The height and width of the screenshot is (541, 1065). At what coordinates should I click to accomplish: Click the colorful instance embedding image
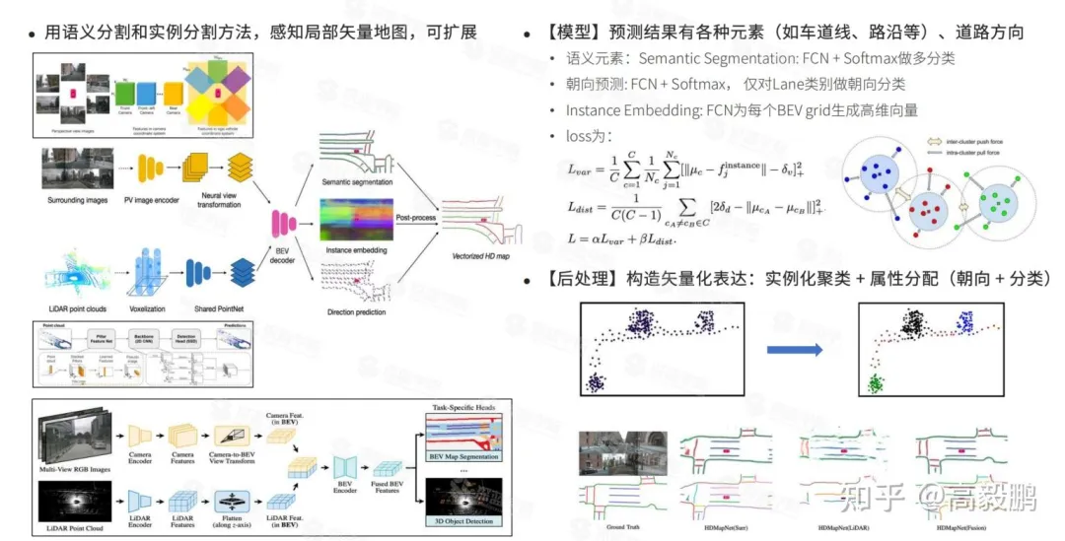[x=356, y=220]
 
